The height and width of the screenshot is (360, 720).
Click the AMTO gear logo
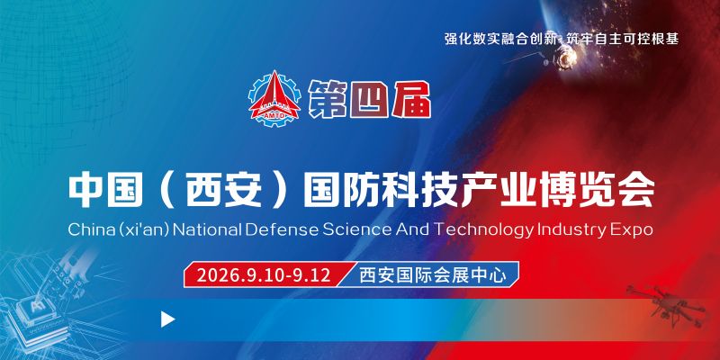tap(274, 98)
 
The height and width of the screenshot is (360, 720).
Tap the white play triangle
tap(167, 319)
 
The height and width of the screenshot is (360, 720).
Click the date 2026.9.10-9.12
tap(264, 275)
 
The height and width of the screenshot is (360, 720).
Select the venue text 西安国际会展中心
tap(433, 275)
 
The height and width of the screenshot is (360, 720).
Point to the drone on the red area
tap(666, 305)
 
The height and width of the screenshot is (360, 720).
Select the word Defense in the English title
tap(282, 229)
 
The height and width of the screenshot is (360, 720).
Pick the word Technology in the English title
tap(484, 230)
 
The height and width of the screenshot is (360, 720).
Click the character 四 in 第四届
tap(369, 100)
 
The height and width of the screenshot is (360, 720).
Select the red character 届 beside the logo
tap(411, 100)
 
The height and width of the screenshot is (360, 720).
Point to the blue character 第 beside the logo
tap(328, 100)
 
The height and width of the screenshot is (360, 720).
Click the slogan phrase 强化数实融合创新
tap(501, 39)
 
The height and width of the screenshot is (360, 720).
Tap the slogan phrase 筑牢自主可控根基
tap(622, 39)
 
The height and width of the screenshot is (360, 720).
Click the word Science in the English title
tap(356, 229)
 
